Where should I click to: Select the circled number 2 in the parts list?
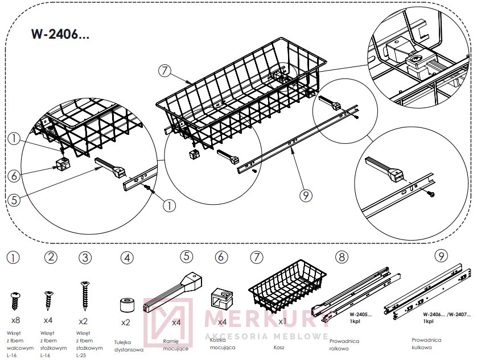pyautogui.click(x=51, y=257)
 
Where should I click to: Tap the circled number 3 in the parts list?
pyautogui.click(x=85, y=257)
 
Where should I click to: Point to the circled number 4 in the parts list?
pyautogui.click(x=127, y=258)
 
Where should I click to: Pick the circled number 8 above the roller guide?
pyautogui.click(x=342, y=257)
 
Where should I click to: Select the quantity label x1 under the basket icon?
pyautogui.click(x=282, y=321)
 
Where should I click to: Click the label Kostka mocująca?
pyautogui.click(x=221, y=342)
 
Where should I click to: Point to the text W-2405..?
pyautogui.click(x=359, y=313)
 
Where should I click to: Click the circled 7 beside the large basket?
pyautogui.click(x=165, y=71)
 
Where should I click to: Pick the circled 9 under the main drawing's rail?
pyautogui.click(x=306, y=195)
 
